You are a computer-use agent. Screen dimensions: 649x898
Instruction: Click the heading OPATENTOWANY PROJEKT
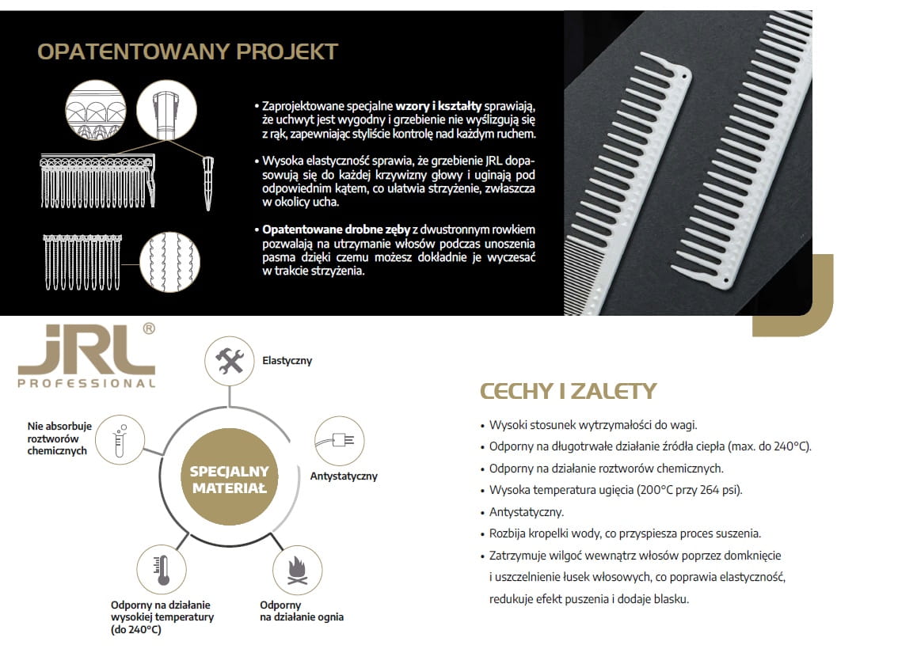pyautogui.click(x=188, y=51)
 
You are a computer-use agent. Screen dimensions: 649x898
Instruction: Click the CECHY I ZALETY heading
pyautogui.click(x=568, y=391)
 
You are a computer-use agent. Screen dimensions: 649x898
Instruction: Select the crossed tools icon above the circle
pyautogui.click(x=230, y=361)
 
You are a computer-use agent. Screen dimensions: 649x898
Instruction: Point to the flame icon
pyautogui.click(x=298, y=570)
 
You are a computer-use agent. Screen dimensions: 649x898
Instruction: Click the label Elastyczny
pyautogui.click(x=287, y=361)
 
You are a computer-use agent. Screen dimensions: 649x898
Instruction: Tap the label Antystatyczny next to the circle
pyautogui.click(x=344, y=476)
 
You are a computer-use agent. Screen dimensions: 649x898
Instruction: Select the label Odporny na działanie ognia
pyautogui.click(x=301, y=611)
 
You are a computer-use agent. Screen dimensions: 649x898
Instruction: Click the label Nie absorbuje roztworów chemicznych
pyautogui.click(x=59, y=438)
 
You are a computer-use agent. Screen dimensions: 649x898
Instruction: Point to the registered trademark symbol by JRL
pyautogui.click(x=147, y=328)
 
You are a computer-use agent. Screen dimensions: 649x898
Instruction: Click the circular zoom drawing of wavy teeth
pyautogui.click(x=169, y=262)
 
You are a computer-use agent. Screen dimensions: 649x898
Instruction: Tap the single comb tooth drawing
pyautogui.click(x=207, y=183)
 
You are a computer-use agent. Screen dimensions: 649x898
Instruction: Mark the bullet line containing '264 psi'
pyautogui.click(x=615, y=490)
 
